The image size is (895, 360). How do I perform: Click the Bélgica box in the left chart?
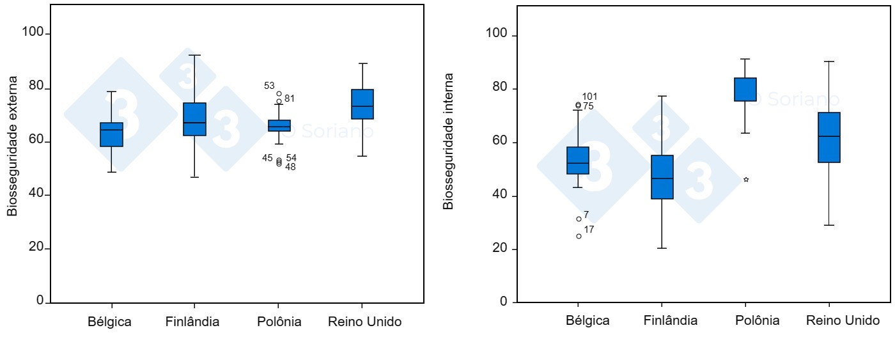click(112, 135)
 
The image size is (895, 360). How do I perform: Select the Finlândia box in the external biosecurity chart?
click(194, 119)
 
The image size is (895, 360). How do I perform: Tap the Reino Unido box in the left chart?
click(362, 104)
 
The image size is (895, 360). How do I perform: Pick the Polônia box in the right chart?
click(745, 90)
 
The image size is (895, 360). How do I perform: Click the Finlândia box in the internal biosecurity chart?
click(662, 177)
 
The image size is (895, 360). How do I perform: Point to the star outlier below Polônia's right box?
click(746, 180)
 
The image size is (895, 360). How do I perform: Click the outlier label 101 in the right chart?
click(589, 97)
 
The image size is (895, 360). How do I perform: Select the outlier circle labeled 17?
click(579, 236)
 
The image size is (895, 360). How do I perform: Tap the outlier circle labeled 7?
click(579, 219)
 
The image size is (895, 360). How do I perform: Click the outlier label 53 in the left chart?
click(269, 86)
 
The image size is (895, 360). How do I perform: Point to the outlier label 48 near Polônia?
click(290, 167)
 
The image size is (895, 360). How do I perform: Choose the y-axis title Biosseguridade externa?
click(13, 146)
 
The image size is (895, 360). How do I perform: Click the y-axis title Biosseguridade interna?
click(449, 141)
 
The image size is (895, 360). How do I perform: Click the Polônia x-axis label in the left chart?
click(279, 322)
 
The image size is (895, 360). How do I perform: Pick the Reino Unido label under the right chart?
click(843, 320)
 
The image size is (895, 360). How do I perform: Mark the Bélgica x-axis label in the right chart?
click(588, 320)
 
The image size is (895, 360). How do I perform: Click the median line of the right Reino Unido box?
click(829, 136)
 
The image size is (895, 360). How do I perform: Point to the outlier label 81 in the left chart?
click(290, 98)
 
